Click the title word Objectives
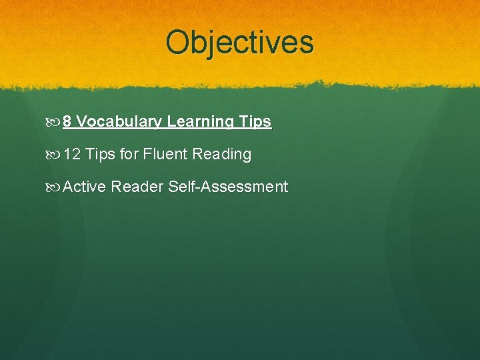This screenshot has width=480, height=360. (x=239, y=42)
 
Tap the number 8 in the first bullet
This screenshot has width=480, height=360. (x=67, y=122)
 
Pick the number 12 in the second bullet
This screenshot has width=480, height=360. (x=72, y=155)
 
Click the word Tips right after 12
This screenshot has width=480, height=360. (x=101, y=155)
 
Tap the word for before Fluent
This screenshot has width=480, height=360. (x=129, y=155)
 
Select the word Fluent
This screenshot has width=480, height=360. (x=165, y=155)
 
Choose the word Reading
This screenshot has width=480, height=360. (x=222, y=155)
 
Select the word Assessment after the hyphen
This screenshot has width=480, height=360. (x=243, y=187)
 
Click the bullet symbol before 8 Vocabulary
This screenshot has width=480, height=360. (x=55, y=122)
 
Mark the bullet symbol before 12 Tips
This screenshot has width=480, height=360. (x=55, y=155)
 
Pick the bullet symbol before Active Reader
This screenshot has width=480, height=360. (x=55, y=187)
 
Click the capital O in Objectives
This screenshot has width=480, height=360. (x=177, y=42)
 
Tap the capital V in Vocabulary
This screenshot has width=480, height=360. (x=82, y=122)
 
